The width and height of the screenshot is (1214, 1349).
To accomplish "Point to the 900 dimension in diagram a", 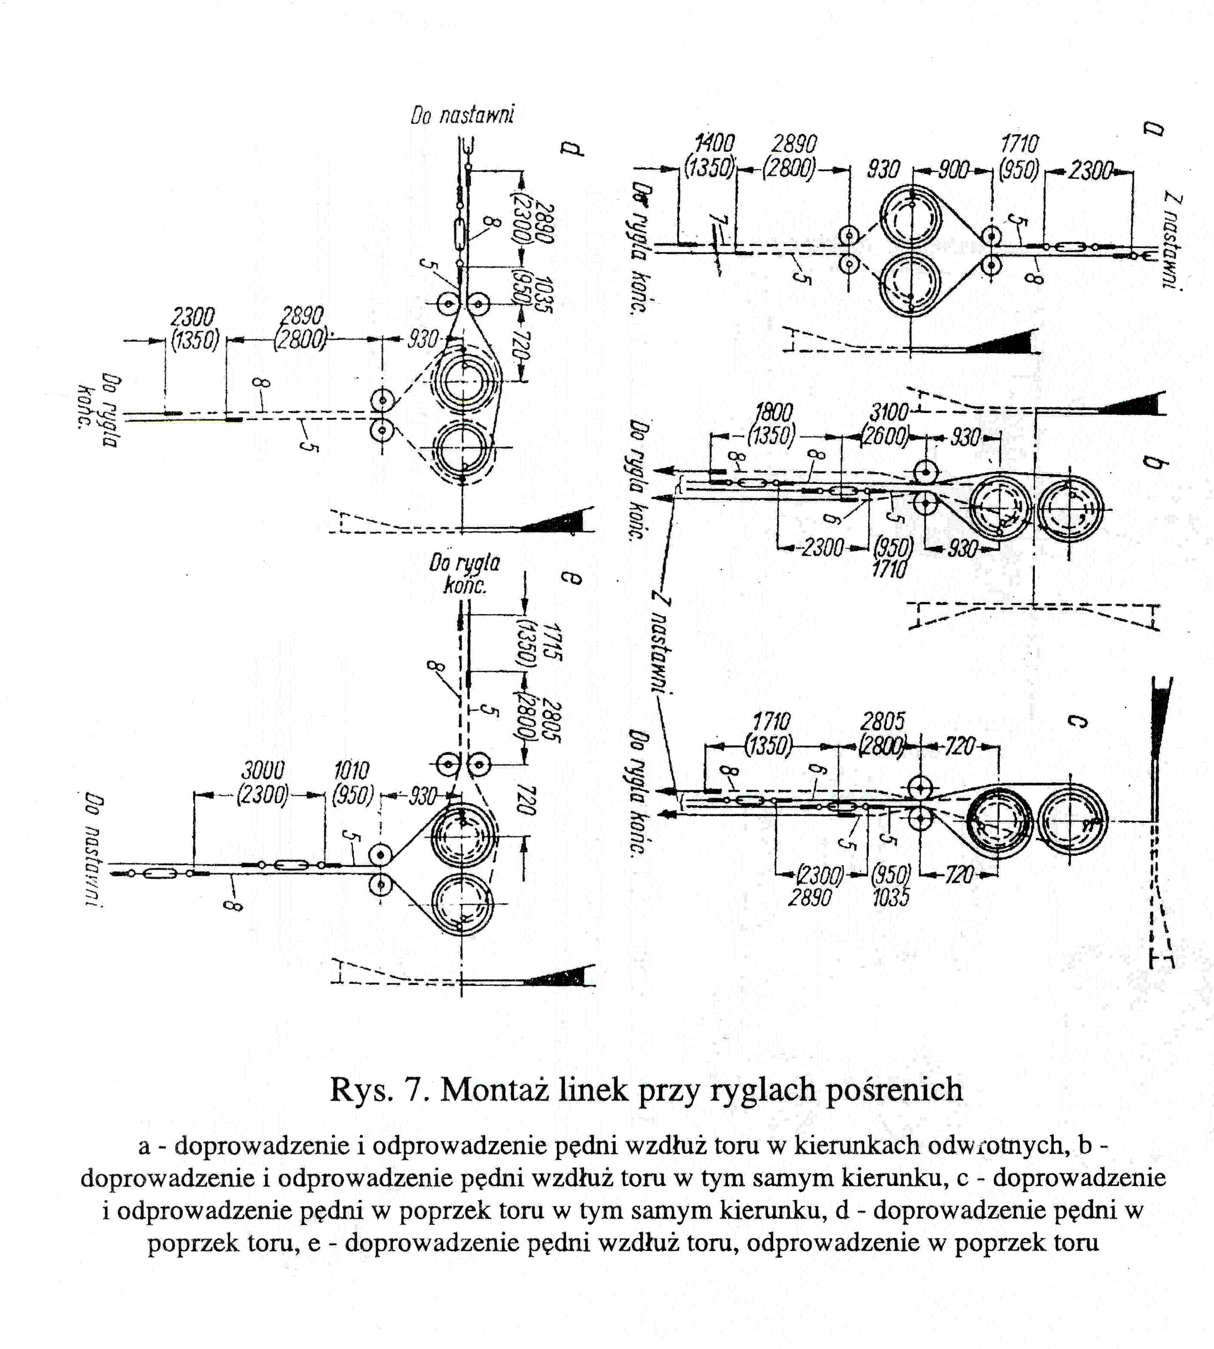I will pos(953,171).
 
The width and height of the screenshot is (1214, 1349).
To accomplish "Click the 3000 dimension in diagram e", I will pos(262,770).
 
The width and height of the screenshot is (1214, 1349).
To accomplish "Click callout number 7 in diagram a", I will pos(713,220).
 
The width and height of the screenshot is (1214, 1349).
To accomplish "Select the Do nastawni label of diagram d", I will pos(462,116).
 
